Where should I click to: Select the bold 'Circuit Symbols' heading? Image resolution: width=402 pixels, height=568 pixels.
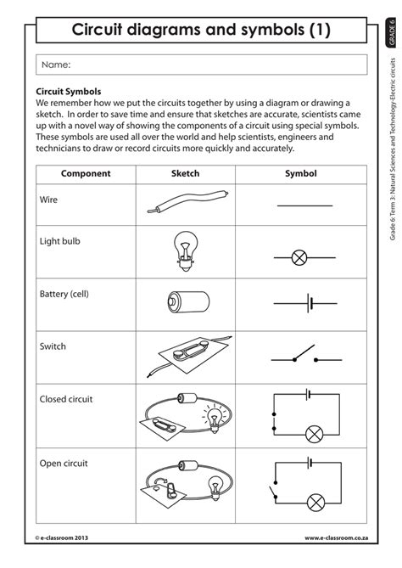click(x=69, y=90)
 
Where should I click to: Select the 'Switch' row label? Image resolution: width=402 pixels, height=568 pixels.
click(x=53, y=346)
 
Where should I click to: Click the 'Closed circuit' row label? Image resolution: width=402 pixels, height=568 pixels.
click(x=66, y=398)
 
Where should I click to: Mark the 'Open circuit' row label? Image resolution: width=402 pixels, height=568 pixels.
click(x=64, y=464)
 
